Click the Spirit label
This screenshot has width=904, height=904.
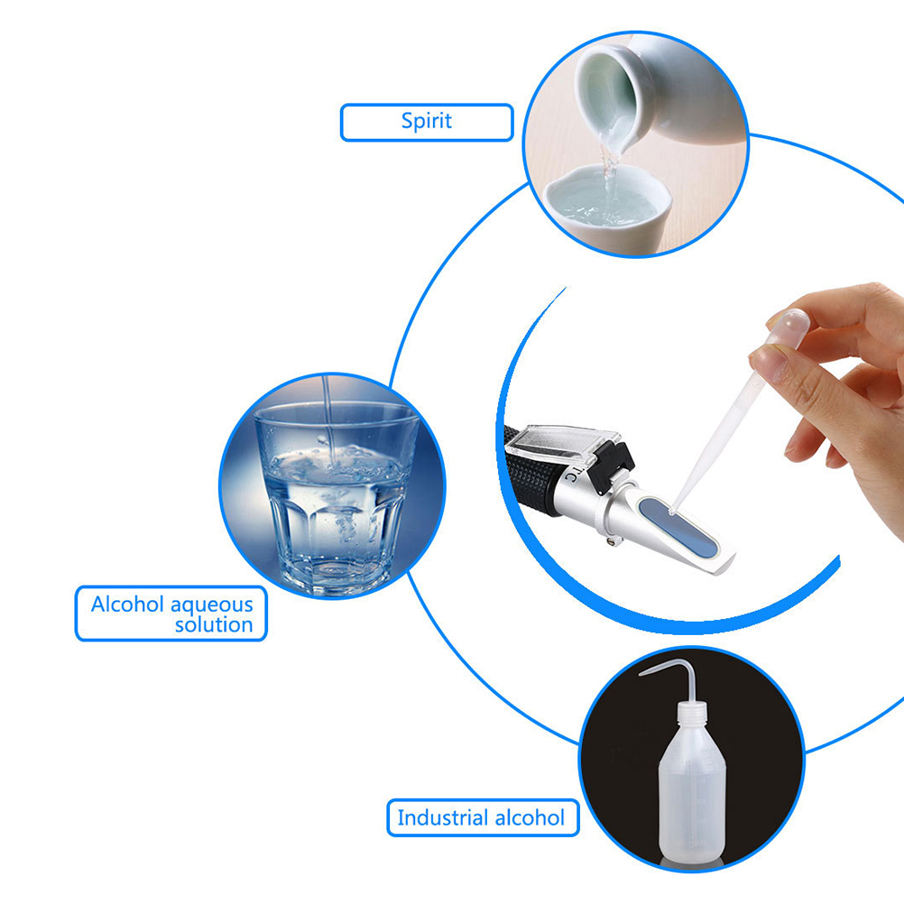(427, 122)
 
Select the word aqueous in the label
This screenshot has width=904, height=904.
(212, 605)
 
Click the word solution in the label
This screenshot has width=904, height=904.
(214, 625)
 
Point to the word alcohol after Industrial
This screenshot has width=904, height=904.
(530, 817)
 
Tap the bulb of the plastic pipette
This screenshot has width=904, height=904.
(789, 327)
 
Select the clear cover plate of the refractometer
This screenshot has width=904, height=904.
(562, 443)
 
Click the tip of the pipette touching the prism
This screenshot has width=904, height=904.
(671, 511)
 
